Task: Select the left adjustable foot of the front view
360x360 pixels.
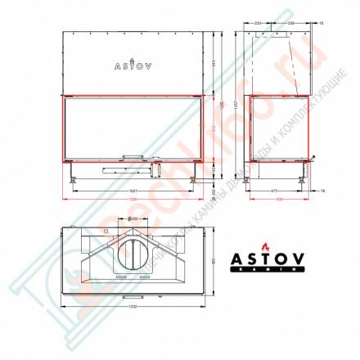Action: [74, 174]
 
